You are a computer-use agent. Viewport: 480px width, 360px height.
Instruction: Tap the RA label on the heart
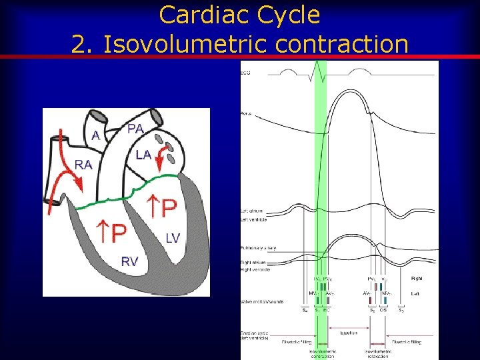84,164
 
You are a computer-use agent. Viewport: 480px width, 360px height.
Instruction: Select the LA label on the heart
143,155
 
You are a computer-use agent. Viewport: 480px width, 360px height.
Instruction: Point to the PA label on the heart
135,129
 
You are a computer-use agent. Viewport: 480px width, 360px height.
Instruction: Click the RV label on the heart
130,261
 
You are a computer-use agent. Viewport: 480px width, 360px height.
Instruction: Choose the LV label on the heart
173,238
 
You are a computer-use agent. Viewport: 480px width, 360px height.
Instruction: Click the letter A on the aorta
96,135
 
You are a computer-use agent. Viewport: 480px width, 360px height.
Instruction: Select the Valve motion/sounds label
262,301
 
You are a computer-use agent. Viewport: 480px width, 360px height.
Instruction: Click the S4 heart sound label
305,310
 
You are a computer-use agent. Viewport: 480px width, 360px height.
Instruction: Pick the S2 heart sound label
372,310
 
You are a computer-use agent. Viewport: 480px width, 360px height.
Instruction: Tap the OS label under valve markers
383,310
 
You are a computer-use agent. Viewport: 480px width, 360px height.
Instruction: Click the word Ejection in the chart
349,333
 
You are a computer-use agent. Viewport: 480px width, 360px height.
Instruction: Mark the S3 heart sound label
401,310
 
